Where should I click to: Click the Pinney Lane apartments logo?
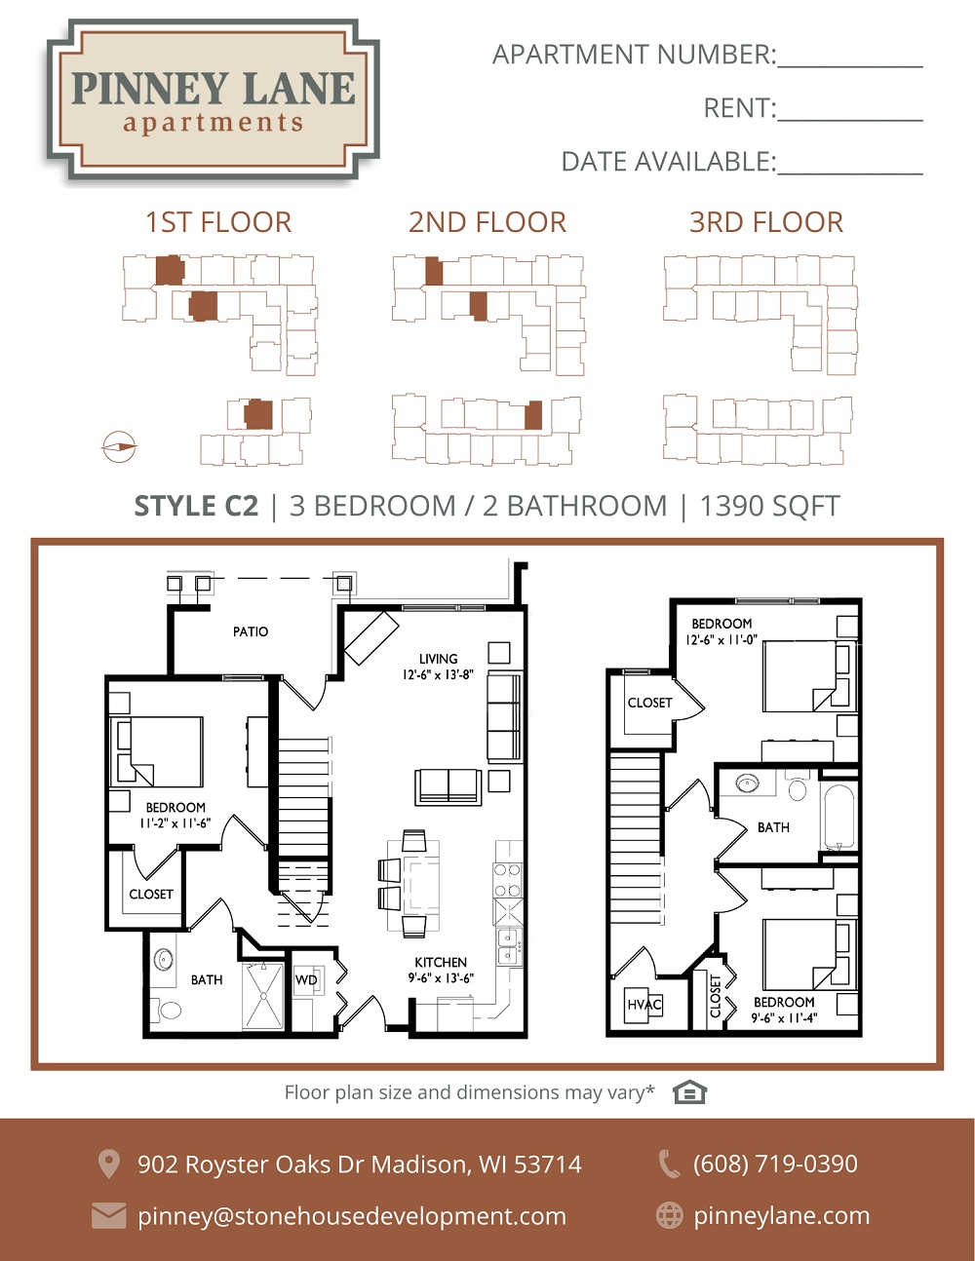coord(213,100)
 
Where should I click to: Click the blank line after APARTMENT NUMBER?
coord(849,67)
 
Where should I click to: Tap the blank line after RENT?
coord(849,121)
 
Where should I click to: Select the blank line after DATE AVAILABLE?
coord(849,173)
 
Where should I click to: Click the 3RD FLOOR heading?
coord(766,222)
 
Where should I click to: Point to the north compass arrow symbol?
coord(119,447)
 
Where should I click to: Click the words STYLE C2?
coord(196,506)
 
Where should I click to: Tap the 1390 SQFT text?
coord(769,506)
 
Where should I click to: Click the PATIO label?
coord(251,631)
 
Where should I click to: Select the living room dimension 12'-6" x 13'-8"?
coord(438,674)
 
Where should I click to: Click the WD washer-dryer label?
coord(306,980)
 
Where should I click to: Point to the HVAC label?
coord(644,1005)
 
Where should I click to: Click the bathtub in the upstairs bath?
coord(838,818)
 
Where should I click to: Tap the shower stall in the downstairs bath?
coord(263,996)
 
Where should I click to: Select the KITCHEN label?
coord(441,962)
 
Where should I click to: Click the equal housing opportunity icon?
coord(689,1092)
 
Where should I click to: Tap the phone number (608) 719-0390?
coord(775,1164)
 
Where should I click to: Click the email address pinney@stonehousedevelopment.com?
coord(352,1216)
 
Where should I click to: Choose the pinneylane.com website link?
coord(782,1216)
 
